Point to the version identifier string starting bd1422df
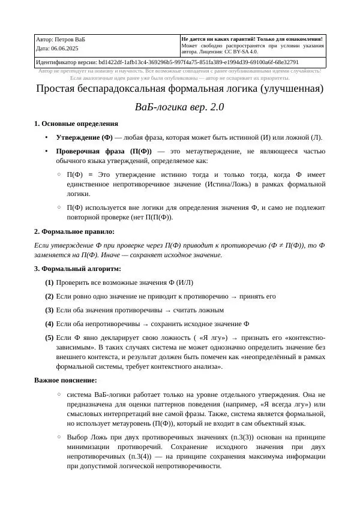(198, 62)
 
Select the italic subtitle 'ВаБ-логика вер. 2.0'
(179, 108)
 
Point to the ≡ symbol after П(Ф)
(91, 174)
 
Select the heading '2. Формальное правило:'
(74, 231)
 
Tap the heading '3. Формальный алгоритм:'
(77, 269)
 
